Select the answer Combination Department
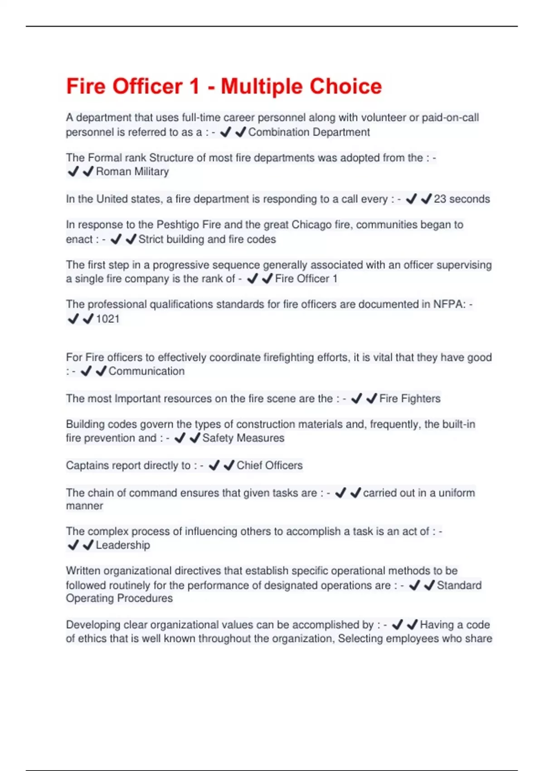point(309,132)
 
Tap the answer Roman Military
point(132,171)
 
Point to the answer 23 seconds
point(461,199)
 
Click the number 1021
point(108,319)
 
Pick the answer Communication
point(146,371)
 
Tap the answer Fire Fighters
point(410,399)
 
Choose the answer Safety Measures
point(243,438)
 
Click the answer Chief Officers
point(269,465)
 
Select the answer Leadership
point(123,545)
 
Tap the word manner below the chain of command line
point(84,506)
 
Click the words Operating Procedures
point(119,598)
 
